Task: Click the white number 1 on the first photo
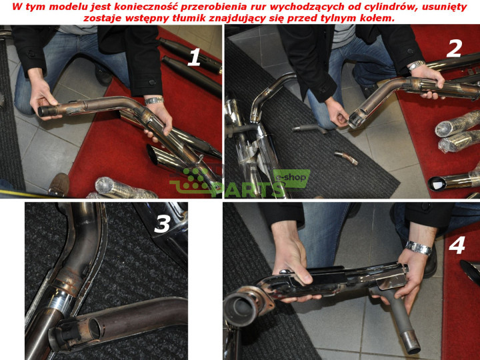[x=193, y=57]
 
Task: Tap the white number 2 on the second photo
[x=454, y=49]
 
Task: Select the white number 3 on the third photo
[x=162, y=223]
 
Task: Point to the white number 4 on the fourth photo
[x=457, y=245]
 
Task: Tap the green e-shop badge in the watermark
[x=291, y=178]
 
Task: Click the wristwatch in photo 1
[x=154, y=101]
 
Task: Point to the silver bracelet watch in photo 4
[x=419, y=248]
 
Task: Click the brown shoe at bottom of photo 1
[x=59, y=185]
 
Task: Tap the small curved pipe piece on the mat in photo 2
[x=346, y=157]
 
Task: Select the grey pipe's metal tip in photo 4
[x=411, y=341]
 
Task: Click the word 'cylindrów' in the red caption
[x=389, y=7]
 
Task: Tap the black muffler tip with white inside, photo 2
[x=436, y=184]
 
